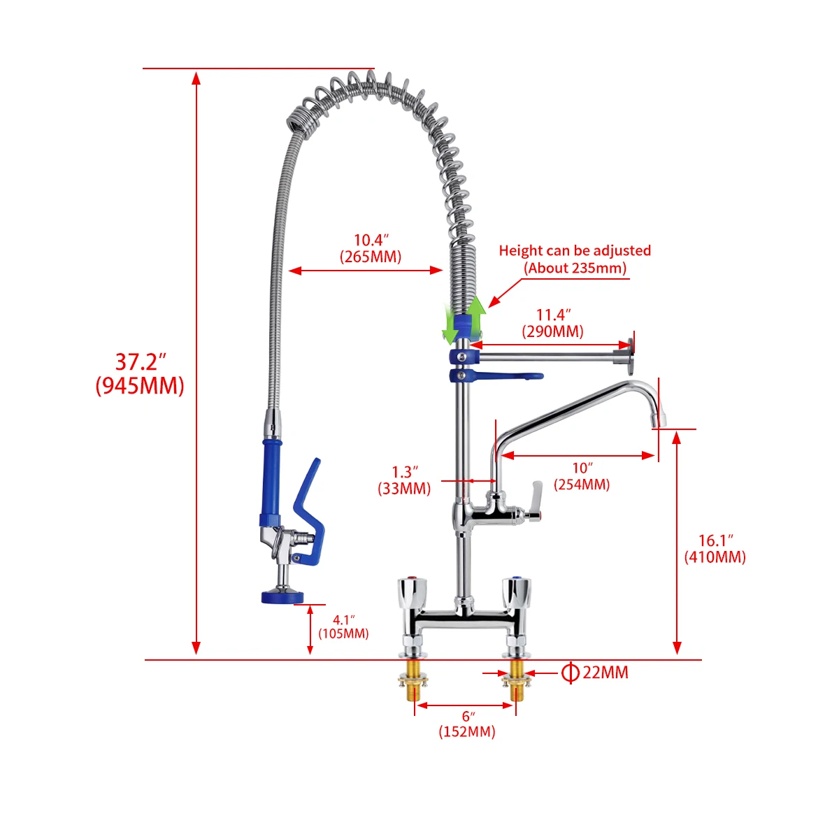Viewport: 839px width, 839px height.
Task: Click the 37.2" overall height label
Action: [x=141, y=362]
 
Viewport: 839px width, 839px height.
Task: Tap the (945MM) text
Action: [x=140, y=385]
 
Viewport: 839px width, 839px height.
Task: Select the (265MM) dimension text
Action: [x=371, y=257]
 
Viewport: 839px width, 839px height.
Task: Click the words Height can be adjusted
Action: [x=575, y=250]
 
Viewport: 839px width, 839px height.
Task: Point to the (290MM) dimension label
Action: [x=552, y=331]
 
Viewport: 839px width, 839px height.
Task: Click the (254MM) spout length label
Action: [x=582, y=485]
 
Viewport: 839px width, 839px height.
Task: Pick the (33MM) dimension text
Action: [x=404, y=489]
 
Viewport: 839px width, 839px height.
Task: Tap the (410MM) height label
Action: [x=715, y=557]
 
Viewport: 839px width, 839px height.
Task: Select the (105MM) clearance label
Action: [x=343, y=633]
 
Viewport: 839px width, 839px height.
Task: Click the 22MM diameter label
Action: [x=605, y=673]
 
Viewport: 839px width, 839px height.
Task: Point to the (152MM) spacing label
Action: [x=467, y=731]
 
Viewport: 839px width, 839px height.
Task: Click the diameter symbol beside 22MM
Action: [x=571, y=673]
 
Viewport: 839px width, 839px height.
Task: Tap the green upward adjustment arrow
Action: [x=477, y=316]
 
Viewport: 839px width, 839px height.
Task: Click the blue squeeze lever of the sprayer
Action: [x=310, y=510]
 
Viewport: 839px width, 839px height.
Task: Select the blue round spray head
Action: [x=282, y=596]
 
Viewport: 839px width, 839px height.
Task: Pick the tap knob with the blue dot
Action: [x=516, y=592]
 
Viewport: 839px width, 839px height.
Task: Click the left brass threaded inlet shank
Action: [x=413, y=682]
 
